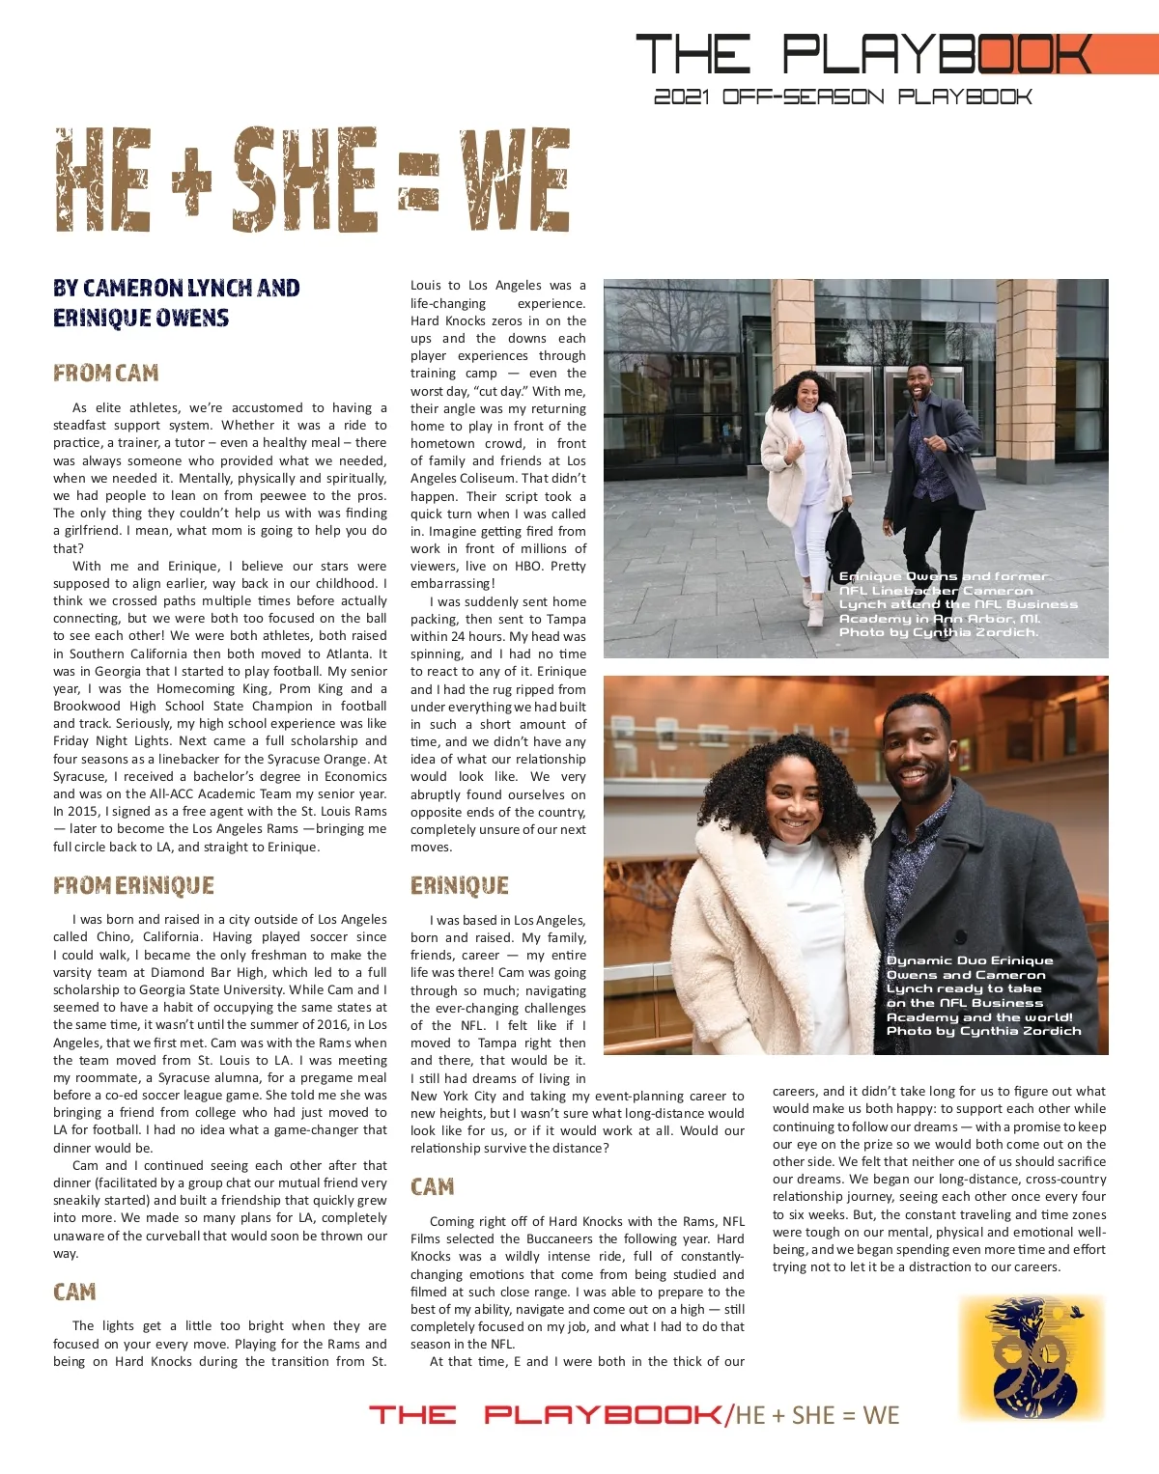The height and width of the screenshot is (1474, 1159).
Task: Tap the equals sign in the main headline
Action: pyautogui.click(x=418, y=183)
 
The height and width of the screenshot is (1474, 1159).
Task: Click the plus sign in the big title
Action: pyautogui.click(x=192, y=181)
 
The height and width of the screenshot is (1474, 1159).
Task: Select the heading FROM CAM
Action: pyautogui.click(x=105, y=374)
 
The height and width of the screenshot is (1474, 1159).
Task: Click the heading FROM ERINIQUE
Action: pyautogui.click(x=133, y=886)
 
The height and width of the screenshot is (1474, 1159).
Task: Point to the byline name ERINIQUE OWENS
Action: pyautogui.click(x=141, y=319)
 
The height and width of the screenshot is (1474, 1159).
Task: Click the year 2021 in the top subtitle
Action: pyautogui.click(x=682, y=97)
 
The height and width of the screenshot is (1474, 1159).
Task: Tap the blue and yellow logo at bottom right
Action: pyautogui.click(x=1031, y=1358)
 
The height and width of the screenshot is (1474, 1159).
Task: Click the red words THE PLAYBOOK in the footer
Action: pyautogui.click(x=545, y=1415)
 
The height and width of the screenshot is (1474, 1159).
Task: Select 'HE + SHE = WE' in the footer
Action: pyautogui.click(x=817, y=1416)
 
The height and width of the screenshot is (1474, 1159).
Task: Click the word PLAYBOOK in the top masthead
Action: pyautogui.click(x=937, y=55)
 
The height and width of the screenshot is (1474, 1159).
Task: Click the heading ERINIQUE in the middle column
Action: pyautogui.click(x=460, y=886)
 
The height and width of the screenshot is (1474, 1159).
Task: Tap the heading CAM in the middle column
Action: pyautogui.click(x=432, y=1186)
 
